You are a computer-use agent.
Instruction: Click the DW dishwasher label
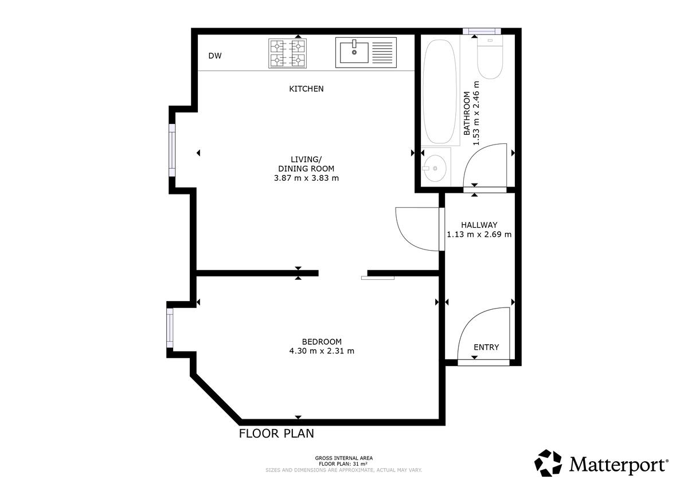point(214,56)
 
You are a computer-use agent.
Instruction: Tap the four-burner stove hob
point(287,53)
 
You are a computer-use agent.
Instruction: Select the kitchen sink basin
point(354,53)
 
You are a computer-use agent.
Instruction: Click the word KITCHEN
point(306,89)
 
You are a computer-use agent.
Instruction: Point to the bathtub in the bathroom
point(440,92)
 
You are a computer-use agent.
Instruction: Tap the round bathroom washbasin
point(435,169)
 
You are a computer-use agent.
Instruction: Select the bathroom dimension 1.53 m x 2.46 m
point(476,113)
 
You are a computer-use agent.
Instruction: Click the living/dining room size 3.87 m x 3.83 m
point(306,178)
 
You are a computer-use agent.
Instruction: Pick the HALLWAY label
point(479,225)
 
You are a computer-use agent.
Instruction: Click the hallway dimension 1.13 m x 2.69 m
point(479,235)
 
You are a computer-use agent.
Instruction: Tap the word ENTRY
point(486,347)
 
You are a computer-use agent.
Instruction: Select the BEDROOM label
point(322,342)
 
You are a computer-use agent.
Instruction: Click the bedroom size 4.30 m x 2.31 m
point(322,351)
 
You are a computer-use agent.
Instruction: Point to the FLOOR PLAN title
point(276,434)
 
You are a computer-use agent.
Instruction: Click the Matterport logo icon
point(548,463)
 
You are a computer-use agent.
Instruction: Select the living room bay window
point(172,150)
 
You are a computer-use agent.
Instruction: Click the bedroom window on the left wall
point(170,328)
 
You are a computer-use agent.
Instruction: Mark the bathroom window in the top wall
point(482,31)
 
